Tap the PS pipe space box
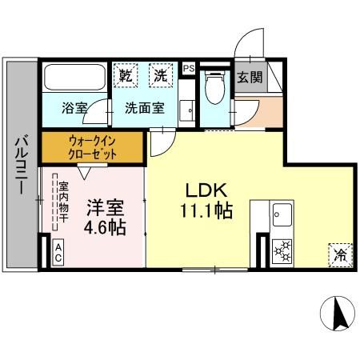pyautogui.click(x=189, y=69)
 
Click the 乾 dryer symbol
pyautogui.click(x=126, y=76)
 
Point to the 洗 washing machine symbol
pyautogui.click(x=161, y=76)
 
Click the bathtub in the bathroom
pyautogui.click(x=74, y=78)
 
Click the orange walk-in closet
pyautogui.click(x=92, y=146)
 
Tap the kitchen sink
pyautogui.click(x=282, y=216)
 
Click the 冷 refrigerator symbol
pyautogui.click(x=340, y=256)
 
